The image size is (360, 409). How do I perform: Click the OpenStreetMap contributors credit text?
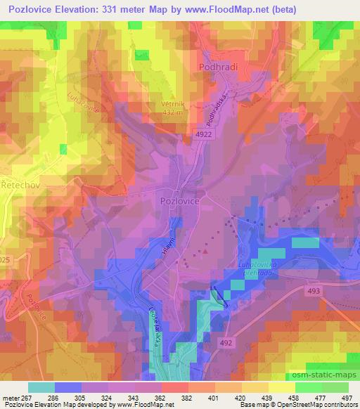[321, 405]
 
